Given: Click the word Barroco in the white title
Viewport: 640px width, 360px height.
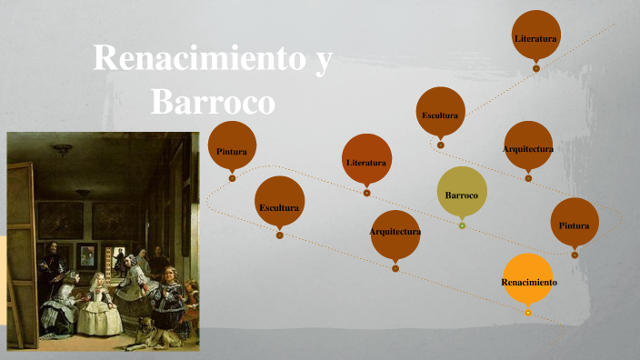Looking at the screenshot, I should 212,101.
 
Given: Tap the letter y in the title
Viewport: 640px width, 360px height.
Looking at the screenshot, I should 324,62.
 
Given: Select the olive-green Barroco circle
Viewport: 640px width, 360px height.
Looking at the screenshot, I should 462,193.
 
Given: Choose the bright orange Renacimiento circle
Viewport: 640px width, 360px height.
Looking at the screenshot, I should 528,281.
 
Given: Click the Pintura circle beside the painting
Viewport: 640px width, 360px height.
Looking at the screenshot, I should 232,146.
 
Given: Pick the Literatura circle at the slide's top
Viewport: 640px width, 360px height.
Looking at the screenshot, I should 535,35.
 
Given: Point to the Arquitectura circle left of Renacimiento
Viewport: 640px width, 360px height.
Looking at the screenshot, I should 395,231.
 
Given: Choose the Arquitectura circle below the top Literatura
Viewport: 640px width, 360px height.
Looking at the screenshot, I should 528,145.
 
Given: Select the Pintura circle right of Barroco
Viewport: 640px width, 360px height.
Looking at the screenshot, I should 575,223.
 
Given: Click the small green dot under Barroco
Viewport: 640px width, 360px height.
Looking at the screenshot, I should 462,225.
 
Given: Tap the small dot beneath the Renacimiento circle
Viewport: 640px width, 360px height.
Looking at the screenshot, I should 528,313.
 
